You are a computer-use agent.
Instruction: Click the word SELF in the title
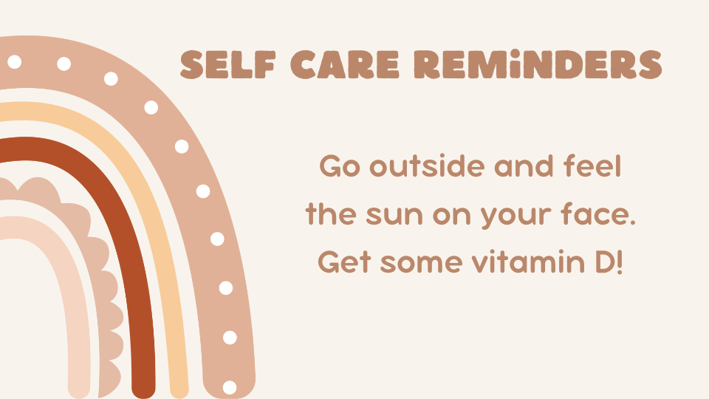click(x=228, y=65)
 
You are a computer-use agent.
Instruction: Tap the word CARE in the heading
click(x=345, y=65)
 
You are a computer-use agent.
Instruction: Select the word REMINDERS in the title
click(x=538, y=65)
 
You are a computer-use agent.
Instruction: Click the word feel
click(x=592, y=166)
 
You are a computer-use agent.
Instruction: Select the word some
click(x=422, y=263)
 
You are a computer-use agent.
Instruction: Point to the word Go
click(x=340, y=166)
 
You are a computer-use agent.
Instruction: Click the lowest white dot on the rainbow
click(x=230, y=387)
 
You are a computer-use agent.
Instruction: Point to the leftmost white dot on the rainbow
click(x=15, y=61)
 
